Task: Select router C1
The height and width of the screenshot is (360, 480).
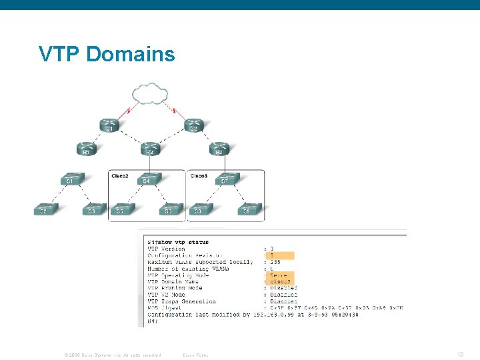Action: click(109, 125)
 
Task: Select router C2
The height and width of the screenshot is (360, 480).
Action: click(193, 125)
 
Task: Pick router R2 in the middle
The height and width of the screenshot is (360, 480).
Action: click(151, 148)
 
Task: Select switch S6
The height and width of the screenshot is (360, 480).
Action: click(170, 209)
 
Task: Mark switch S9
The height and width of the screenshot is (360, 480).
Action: click(247, 209)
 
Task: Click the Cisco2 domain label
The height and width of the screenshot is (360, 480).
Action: click(120, 176)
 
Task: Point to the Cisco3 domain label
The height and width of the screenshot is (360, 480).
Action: click(199, 176)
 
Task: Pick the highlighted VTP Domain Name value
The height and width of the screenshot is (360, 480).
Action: click(280, 281)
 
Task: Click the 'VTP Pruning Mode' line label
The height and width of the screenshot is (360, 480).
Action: click(175, 288)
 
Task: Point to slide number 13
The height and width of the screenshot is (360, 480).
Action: click(461, 354)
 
